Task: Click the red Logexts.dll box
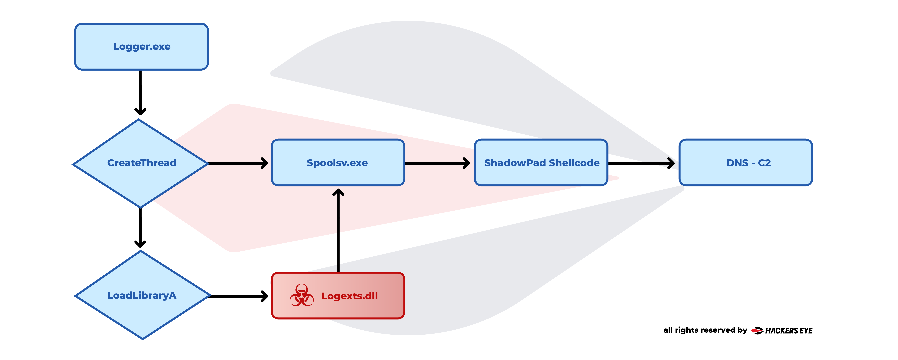click(x=338, y=296)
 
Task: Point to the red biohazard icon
click(x=302, y=296)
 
